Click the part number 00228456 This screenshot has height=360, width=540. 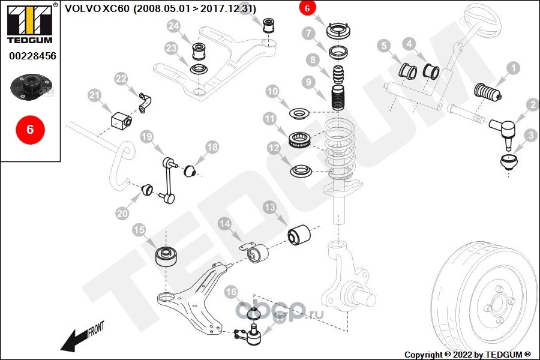[x=32, y=56]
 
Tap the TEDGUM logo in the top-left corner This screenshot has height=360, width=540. [x=30, y=24]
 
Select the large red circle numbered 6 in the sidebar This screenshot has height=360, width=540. [x=31, y=129]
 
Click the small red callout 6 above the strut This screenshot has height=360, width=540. [x=307, y=8]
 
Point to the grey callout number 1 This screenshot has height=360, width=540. [x=513, y=68]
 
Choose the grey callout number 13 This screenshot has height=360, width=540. [x=269, y=207]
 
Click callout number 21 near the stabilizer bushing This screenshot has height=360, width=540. [x=94, y=95]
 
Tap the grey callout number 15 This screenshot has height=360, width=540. [x=139, y=230]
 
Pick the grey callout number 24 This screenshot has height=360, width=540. [x=173, y=26]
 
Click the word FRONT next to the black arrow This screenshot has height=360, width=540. [x=96, y=329]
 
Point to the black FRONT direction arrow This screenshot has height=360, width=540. [x=74, y=340]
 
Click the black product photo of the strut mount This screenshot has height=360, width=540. [x=31, y=86]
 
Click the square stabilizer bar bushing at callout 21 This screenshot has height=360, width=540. [x=121, y=120]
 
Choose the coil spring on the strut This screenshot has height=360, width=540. [x=340, y=148]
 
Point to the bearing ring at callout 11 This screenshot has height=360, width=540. [x=299, y=140]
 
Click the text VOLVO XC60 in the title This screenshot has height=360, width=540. [x=97, y=8]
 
